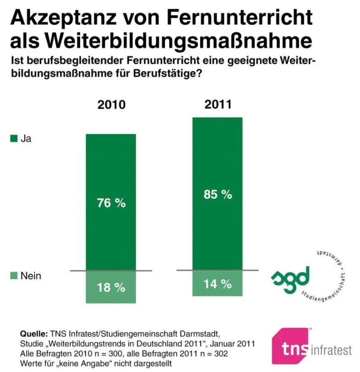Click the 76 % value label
(x=111, y=203)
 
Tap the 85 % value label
(x=218, y=195)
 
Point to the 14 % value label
(x=218, y=284)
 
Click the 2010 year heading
(x=111, y=105)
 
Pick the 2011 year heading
(x=218, y=104)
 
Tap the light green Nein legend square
(x=13, y=276)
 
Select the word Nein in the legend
(x=31, y=276)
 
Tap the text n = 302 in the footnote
(x=213, y=354)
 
